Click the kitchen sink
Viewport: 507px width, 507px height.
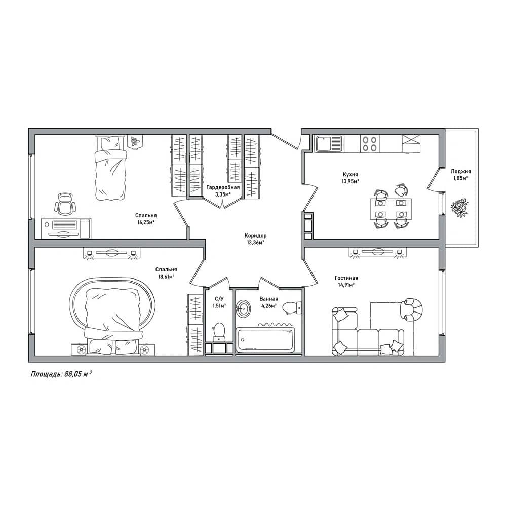pyautogui.click(x=329, y=143)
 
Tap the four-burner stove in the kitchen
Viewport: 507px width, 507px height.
pyautogui.click(x=370, y=143)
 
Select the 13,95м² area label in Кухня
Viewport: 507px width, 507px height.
pyautogui.click(x=350, y=181)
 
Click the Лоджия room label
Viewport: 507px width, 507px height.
pyautogui.click(x=461, y=171)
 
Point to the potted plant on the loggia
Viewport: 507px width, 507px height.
pyautogui.click(x=459, y=208)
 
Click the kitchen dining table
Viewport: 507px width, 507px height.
pyautogui.click(x=391, y=209)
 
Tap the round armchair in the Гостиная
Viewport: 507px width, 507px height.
pyautogui.click(x=411, y=309)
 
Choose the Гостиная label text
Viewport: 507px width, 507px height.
pyautogui.click(x=346, y=278)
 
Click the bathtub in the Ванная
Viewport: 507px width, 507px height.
pyautogui.click(x=265, y=340)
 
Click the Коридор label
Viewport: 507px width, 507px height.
pyautogui.click(x=255, y=236)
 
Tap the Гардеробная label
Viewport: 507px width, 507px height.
pyautogui.click(x=223, y=187)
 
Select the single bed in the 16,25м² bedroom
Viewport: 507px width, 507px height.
pyautogui.click(x=110, y=168)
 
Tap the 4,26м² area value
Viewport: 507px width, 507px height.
pyautogui.click(x=269, y=306)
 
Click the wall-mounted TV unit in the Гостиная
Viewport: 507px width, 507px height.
pyautogui.click(x=377, y=252)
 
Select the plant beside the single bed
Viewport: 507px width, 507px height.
pyautogui.click(x=135, y=141)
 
